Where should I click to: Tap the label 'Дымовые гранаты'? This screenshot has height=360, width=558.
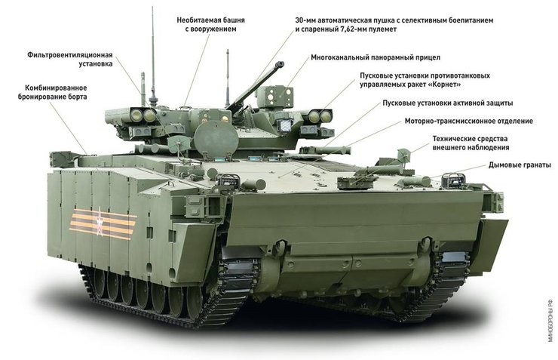pyautogui.click(x=520, y=165)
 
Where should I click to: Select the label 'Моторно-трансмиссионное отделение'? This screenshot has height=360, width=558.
pyautogui.click(x=468, y=121)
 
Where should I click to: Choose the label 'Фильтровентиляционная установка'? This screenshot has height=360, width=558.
pyautogui.click(x=69, y=60)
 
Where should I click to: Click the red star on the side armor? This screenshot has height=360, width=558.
pyautogui.click(x=99, y=221)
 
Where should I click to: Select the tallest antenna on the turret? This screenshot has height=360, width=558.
pyautogui.click(x=152, y=60)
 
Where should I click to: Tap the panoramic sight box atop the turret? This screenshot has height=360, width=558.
pyautogui.click(x=275, y=96)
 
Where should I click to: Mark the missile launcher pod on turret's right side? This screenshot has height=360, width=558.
pyautogui.click(x=317, y=116)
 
